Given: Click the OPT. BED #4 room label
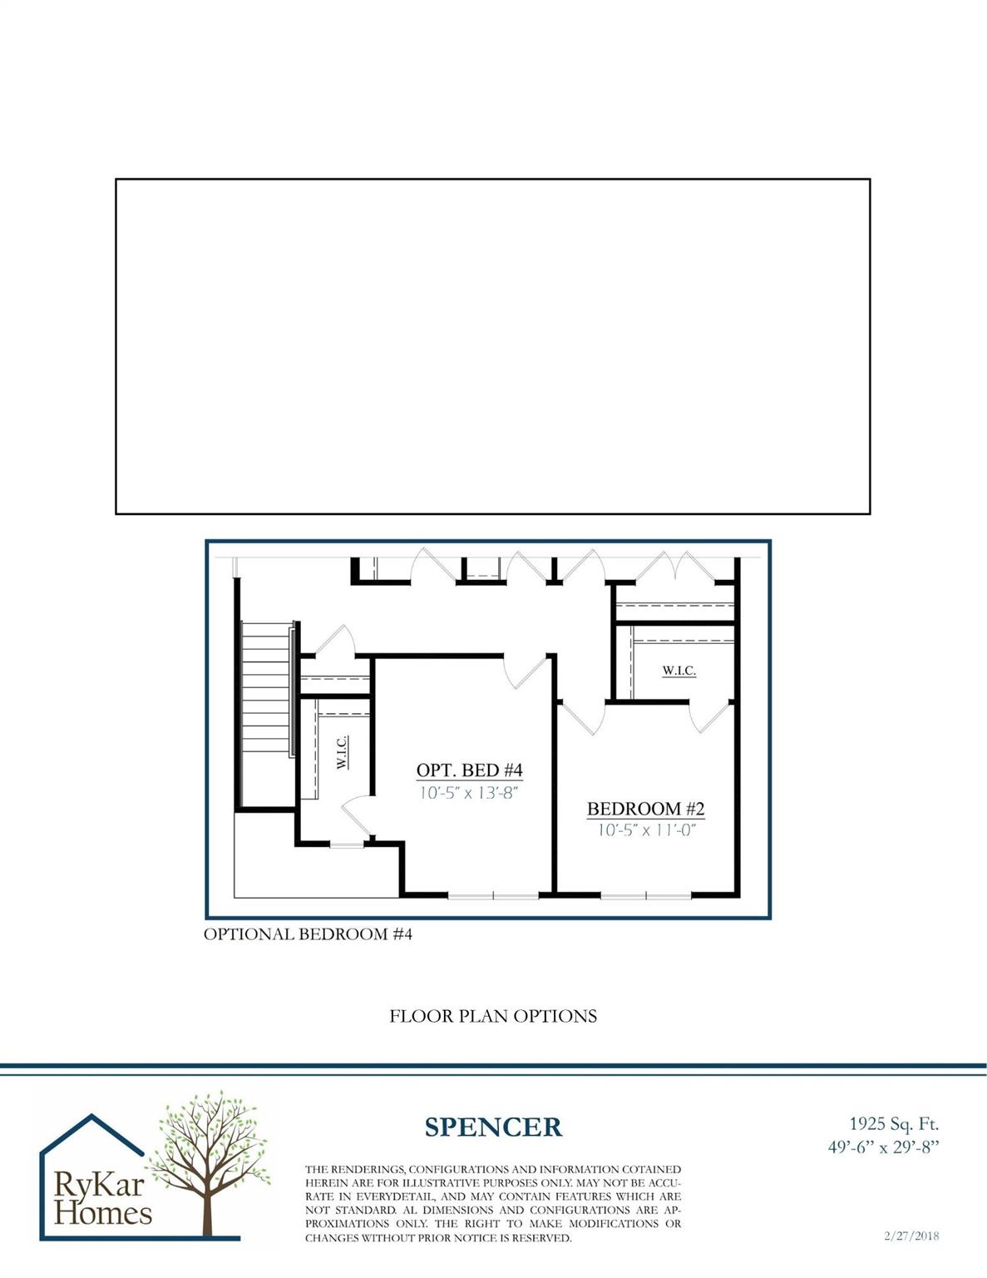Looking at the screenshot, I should [x=469, y=770].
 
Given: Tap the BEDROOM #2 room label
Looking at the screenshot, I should [x=645, y=809].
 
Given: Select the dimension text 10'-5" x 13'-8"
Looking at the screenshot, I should [x=469, y=793].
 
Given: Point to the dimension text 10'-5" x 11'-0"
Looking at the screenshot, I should [x=645, y=830].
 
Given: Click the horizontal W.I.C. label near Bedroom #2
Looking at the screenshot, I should [x=679, y=671].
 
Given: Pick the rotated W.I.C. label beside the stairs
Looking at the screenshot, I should [x=343, y=752].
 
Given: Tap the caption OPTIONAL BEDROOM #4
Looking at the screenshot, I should [x=308, y=934].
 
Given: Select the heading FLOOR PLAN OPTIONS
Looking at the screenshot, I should [x=493, y=1016].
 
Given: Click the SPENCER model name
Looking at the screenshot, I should [x=493, y=1127].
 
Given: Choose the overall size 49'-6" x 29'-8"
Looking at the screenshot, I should [x=883, y=1147].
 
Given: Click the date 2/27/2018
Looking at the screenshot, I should [x=911, y=1236].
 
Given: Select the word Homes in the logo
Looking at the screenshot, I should [x=104, y=1213].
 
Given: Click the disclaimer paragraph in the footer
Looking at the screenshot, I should [x=493, y=1203].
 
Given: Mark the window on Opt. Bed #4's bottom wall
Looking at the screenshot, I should [x=493, y=896].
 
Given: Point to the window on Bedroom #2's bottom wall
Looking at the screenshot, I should [x=646, y=896].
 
